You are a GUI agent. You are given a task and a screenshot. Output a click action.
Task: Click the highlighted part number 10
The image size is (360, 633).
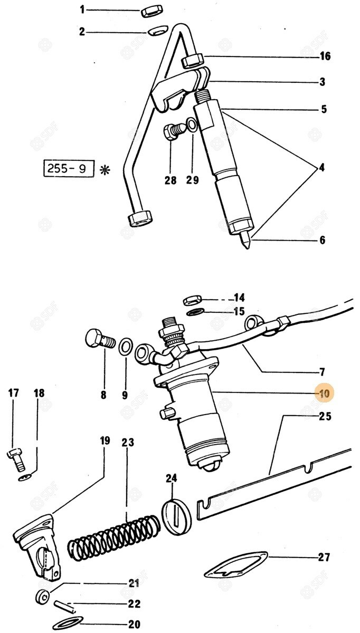pyautogui.click(x=323, y=393)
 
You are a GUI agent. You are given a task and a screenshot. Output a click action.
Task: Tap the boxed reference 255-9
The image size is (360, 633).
pyautogui.click(x=69, y=170)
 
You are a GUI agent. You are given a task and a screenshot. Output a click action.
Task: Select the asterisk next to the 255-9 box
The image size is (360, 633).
pyautogui.click(x=105, y=170)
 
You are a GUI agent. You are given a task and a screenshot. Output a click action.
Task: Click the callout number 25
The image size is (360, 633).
pyautogui.click(x=324, y=417)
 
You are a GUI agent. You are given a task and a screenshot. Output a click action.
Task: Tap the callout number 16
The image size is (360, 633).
pyautogui.click(x=324, y=56)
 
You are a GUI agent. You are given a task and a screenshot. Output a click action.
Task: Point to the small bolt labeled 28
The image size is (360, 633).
pyautogui.click(x=174, y=130)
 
